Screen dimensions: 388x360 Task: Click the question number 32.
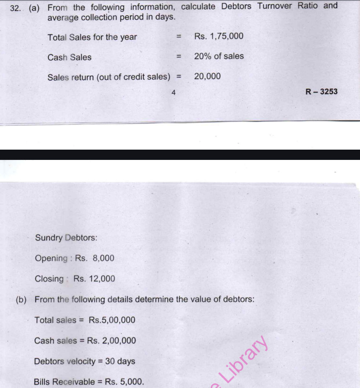click(16, 8)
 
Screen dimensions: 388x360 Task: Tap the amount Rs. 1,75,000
click(219, 36)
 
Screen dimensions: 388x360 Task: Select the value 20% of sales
click(219, 56)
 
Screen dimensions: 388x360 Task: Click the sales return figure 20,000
click(207, 76)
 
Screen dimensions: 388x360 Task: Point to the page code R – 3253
click(322, 92)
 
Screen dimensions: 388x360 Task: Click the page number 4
click(174, 93)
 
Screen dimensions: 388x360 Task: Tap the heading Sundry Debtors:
click(66, 238)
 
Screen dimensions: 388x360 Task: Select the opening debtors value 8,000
click(104, 258)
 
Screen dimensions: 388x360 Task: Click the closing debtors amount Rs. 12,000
click(94, 279)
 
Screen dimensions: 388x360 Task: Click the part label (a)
click(34, 8)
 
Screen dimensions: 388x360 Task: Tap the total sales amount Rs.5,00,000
click(112, 320)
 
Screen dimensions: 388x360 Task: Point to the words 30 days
click(120, 361)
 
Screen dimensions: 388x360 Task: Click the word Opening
click(51, 258)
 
